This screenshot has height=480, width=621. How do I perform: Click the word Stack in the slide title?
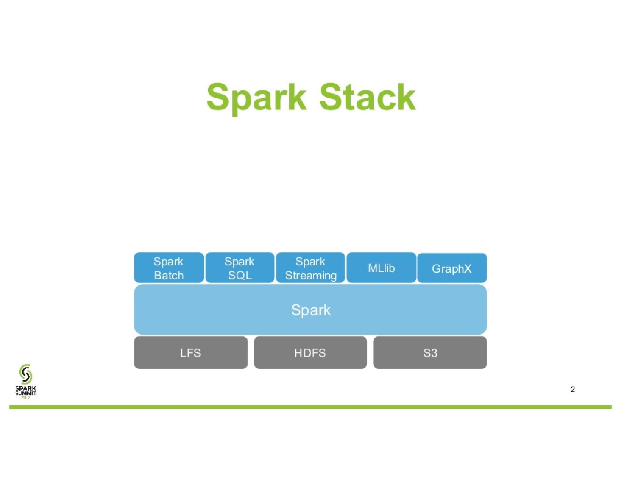click(367, 97)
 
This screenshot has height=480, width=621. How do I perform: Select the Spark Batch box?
click(169, 268)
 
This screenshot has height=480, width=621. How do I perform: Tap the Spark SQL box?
click(240, 268)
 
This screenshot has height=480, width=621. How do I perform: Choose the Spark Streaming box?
click(310, 268)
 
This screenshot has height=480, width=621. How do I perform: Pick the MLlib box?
click(381, 268)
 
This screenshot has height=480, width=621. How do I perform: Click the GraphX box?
click(452, 268)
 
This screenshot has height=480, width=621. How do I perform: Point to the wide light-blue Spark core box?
click(310, 310)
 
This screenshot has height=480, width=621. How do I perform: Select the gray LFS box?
click(190, 353)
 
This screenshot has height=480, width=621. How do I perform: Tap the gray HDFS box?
click(310, 353)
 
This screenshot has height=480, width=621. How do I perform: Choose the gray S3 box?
click(430, 353)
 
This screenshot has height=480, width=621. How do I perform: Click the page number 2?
click(573, 389)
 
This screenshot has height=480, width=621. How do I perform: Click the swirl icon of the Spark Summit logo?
click(26, 374)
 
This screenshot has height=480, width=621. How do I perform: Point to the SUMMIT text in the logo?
click(26, 393)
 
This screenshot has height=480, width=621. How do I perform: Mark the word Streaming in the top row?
click(310, 276)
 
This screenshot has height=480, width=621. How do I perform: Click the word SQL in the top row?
click(240, 276)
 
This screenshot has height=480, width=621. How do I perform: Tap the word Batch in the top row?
click(169, 276)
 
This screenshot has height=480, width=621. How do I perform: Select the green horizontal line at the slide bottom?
click(310, 407)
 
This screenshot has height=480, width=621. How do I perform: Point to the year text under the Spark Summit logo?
click(26, 398)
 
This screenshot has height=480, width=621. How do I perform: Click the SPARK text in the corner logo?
click(26, 388)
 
